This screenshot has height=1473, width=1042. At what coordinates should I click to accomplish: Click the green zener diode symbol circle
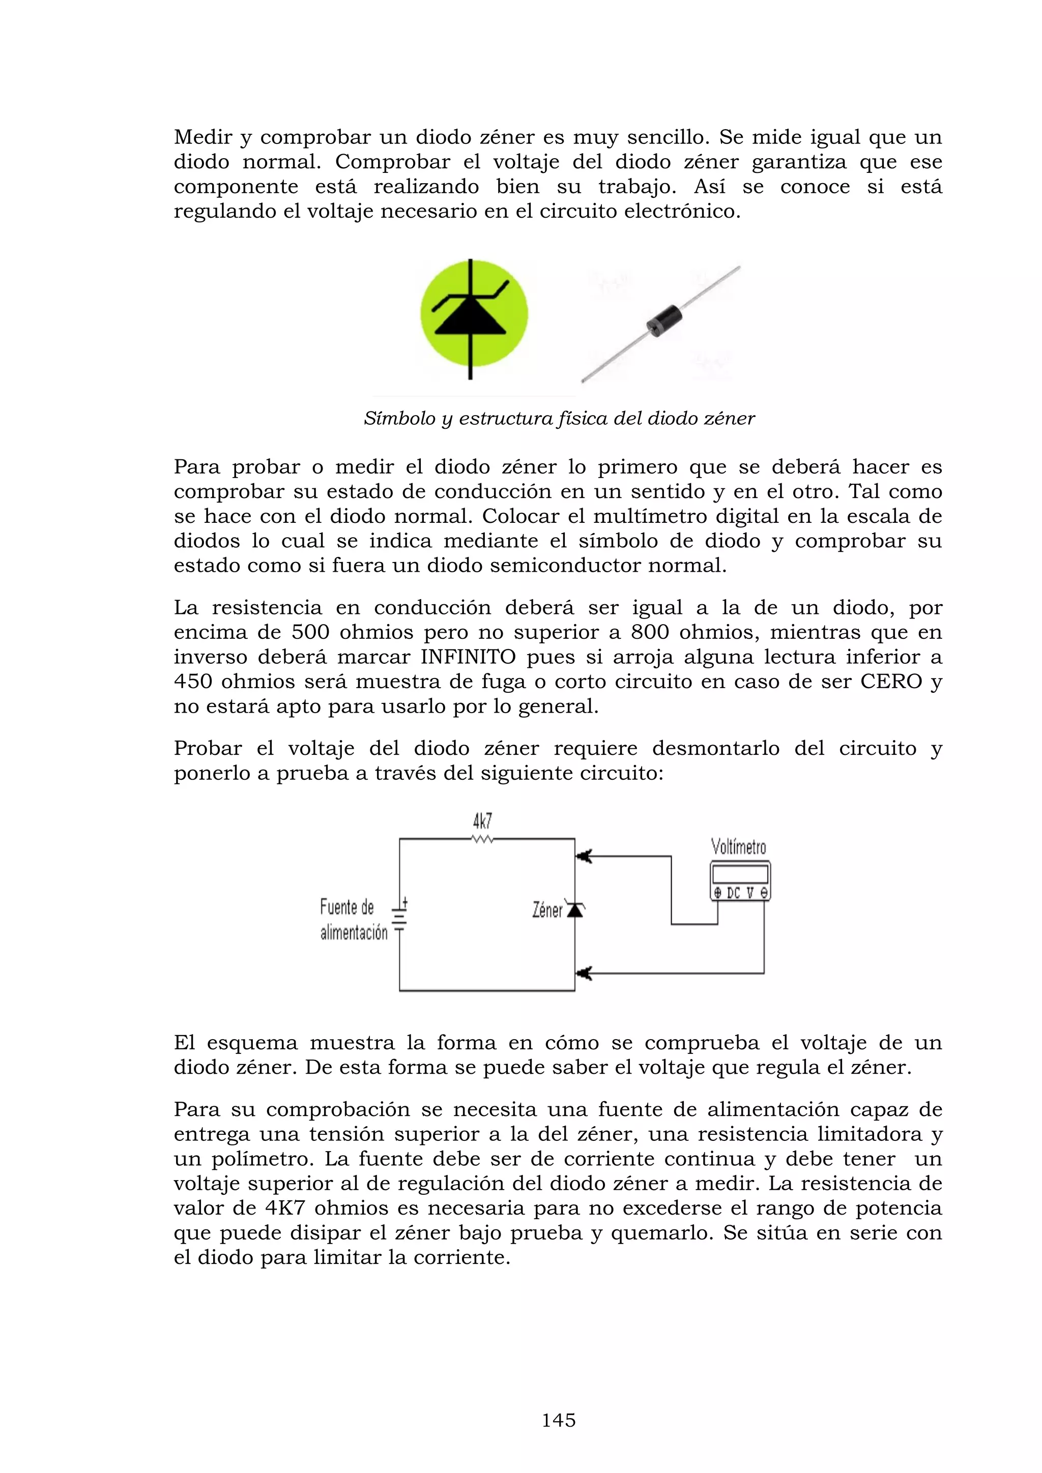pyautogui.click(x=474, y=314)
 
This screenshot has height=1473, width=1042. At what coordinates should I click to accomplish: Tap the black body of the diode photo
pyautogui.click(x=663, y=318)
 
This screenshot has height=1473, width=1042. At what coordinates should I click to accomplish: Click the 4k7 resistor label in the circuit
pyautogui.click(x=482, y=821)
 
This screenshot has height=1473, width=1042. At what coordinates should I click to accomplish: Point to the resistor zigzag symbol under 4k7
pyautogui.click(x=482, y=839)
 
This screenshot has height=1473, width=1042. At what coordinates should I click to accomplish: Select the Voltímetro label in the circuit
pyautogui.click(x=739, y=847)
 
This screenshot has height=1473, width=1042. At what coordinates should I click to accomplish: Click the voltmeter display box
pyautogui.click(x=740, y=874)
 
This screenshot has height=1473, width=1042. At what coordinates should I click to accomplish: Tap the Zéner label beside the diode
pyautogui.click(x=547, y=910)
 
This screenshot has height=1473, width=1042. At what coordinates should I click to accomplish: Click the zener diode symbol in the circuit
pyautogui.click(x=575, y=910)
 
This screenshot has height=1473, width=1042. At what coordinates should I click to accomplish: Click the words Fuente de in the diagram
pyautogui.click(x=346, y=907)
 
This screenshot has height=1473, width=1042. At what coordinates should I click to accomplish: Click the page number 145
pyautogui.click(x=558, y=1421)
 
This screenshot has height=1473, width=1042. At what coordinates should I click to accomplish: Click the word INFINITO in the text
pyautogui.click(x=468, y=657)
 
